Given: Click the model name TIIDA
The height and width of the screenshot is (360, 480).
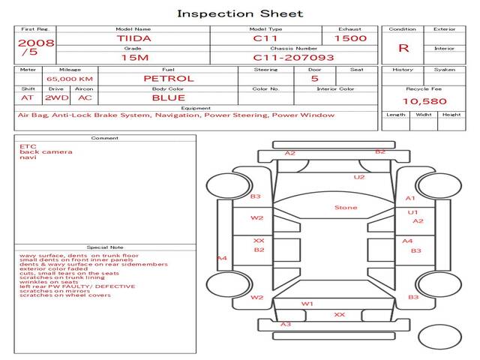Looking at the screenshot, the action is (133, 38).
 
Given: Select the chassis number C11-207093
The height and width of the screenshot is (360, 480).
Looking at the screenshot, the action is (293, 58).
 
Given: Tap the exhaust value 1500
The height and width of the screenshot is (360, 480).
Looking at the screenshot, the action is (350, 38).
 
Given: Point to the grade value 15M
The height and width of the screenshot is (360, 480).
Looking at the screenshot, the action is (135, 58).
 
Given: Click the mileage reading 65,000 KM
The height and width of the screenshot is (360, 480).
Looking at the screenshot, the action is (70, 79).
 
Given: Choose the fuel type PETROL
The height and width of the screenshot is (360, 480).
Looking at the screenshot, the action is (169, 79).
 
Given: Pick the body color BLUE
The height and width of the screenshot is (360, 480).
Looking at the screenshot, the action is (169, 98).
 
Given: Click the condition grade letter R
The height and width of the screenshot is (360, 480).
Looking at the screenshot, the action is (403, 48).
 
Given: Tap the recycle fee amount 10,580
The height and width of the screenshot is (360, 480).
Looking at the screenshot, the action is (424, 101).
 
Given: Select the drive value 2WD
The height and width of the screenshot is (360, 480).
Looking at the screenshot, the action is (57, 98).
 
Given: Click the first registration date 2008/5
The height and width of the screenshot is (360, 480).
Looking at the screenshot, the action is (36, 47).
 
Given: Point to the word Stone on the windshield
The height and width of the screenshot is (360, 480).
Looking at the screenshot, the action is (346, 208).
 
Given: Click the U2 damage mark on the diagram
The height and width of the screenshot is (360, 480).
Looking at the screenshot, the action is (359, 177).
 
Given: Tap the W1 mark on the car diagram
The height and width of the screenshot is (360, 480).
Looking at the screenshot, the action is (307, 304).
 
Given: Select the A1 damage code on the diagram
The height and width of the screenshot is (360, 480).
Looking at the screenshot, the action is (410, 198).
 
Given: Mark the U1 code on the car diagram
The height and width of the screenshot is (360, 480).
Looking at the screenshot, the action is (412, 212).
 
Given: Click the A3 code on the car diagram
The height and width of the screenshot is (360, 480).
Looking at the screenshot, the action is (286, 324).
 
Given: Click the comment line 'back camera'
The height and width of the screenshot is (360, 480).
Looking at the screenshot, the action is (46, 151).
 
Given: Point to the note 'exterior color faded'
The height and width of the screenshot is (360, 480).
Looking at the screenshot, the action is (53, 268).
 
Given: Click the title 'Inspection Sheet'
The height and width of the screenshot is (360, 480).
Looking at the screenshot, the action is (240, 13).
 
